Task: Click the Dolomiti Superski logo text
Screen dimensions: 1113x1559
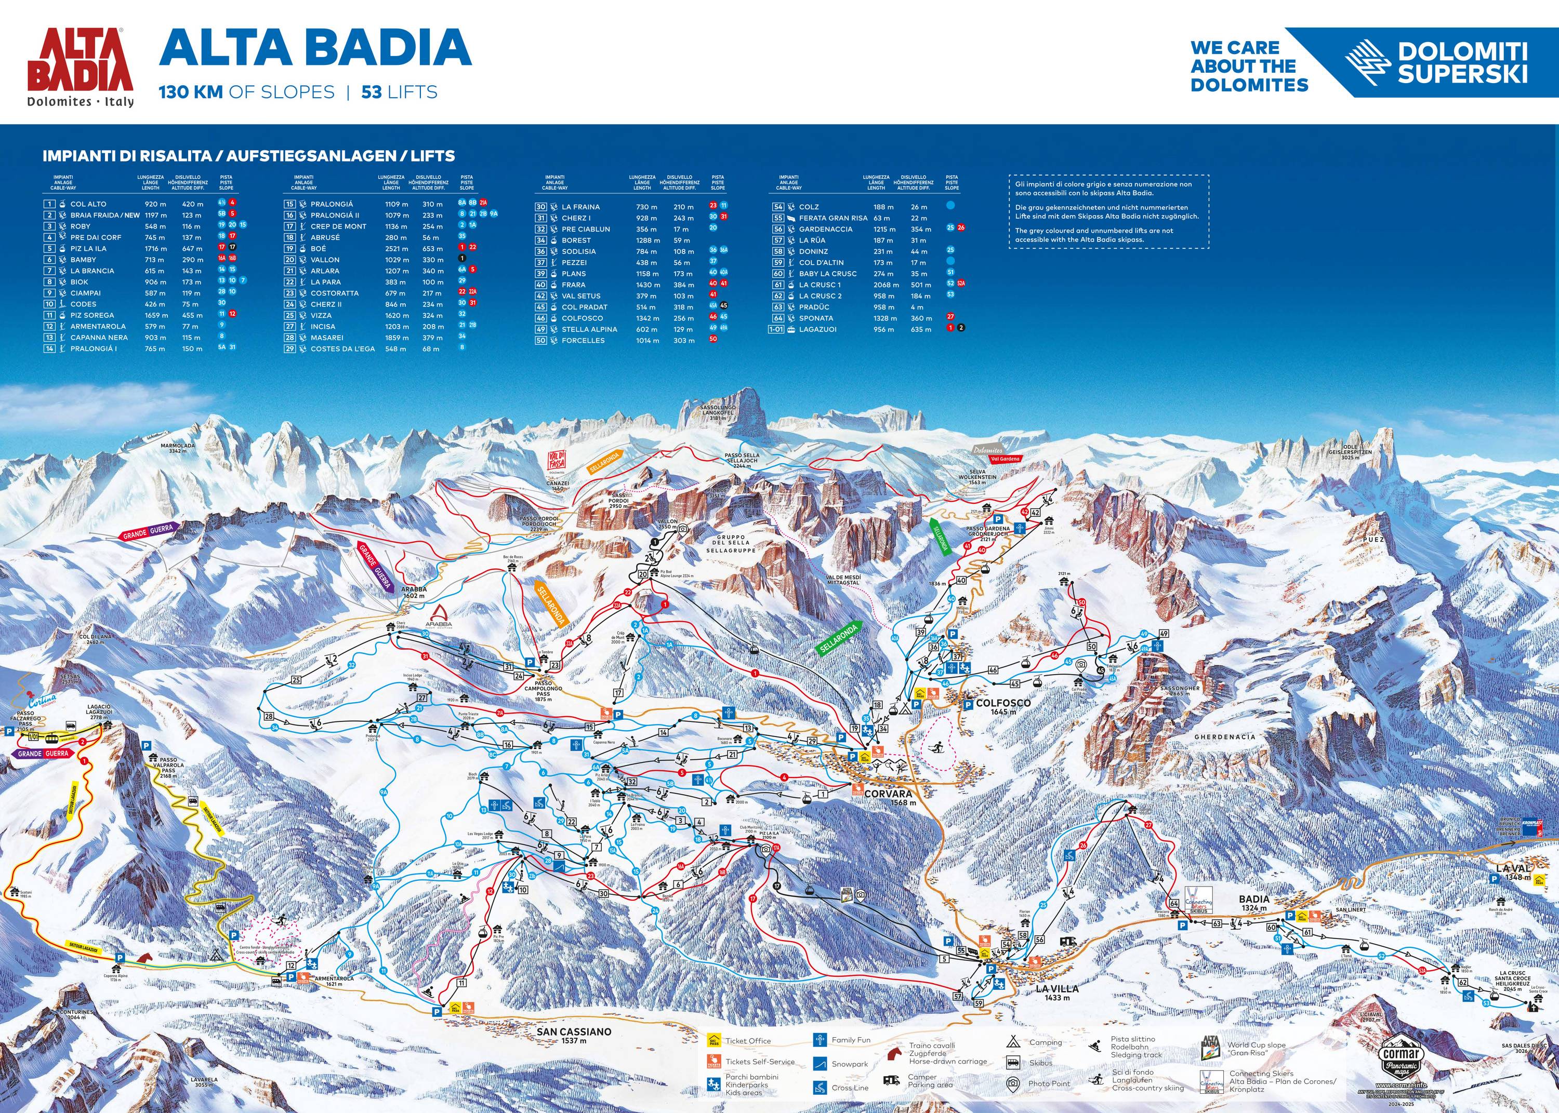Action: point(1462,62)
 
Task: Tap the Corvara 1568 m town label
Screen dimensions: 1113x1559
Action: point(889,797)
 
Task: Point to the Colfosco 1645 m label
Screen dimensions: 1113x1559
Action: point(1003,706)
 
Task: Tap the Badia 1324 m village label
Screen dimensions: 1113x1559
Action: point(1254,903)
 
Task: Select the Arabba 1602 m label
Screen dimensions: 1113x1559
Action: point(414,592)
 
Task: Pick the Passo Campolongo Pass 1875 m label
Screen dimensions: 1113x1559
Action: point(543,691)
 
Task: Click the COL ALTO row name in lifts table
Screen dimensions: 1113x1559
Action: point(88,204)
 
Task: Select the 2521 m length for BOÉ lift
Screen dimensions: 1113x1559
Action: point(397,249)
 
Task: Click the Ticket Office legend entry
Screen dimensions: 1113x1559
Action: point(747,1041)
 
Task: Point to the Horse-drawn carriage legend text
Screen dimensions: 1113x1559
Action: point(947,1062)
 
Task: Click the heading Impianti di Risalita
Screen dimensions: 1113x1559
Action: point(248,156)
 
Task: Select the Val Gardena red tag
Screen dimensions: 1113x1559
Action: point(1005,459)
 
